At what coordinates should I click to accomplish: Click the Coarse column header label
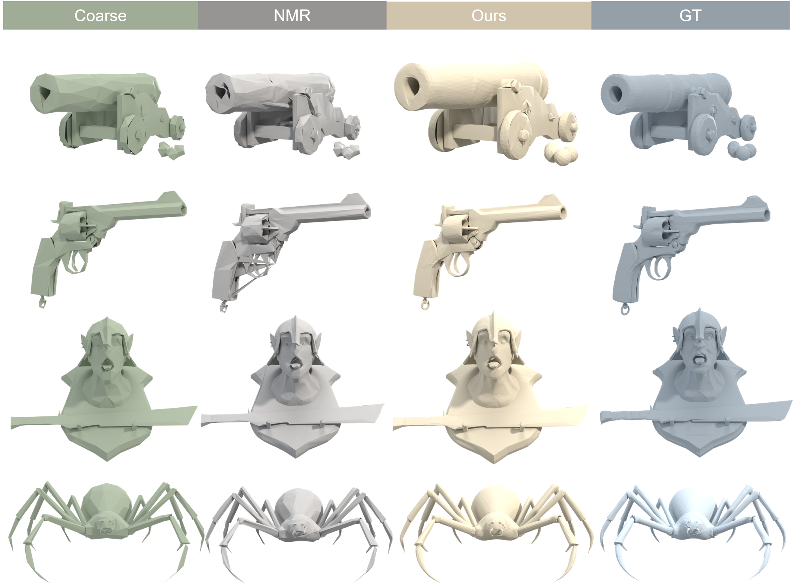click(100, 16)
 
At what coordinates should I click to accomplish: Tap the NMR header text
click(292, 16)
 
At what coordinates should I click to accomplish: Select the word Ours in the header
click(489, 16)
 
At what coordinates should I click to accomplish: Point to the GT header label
click(690, 16)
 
